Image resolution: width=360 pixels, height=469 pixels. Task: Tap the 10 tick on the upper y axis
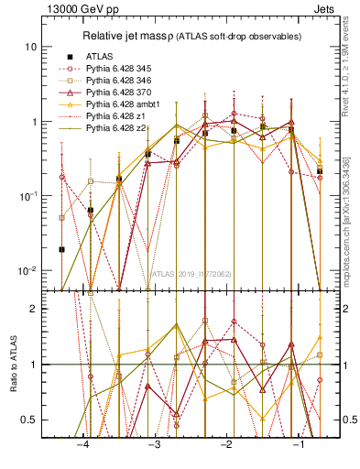pyautogui.click(x=32, y=47)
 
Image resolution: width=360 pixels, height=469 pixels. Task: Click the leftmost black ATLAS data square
pyautogui.click(x=61, y=249)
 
